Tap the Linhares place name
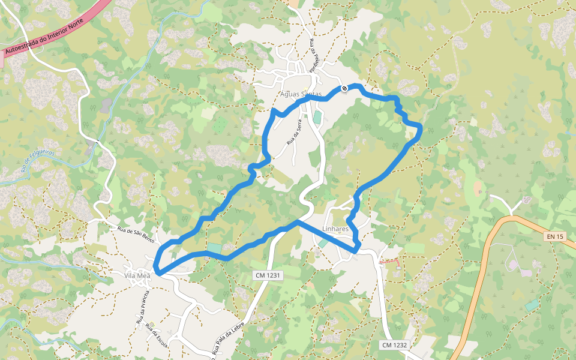click(x=335, y=229)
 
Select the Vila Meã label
click(x=137, y=275)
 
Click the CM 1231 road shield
click(x=267, y=275)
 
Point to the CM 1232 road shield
click(x=394, y=345)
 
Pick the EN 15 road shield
click(x=555, y=236)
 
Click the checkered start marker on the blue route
click(x=344, y=89)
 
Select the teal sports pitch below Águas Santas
click(x=317, y=117)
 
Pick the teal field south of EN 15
click(x=532, y=305)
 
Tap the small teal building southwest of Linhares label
click(x=323, y=242)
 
